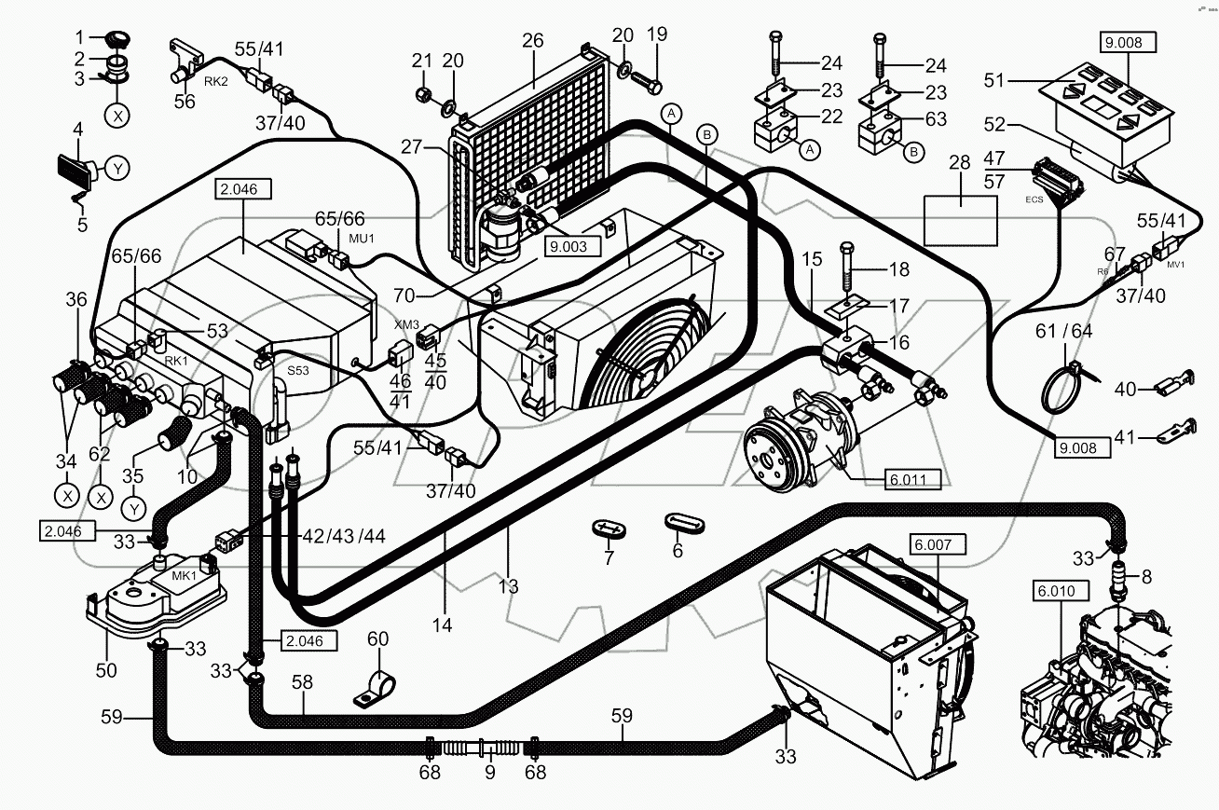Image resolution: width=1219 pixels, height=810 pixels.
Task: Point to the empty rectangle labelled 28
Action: [x=959, y=220]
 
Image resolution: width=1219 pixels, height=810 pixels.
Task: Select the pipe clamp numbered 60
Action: [x=375, y=689]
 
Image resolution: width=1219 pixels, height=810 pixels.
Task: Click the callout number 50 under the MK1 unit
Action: [x=106, y=669]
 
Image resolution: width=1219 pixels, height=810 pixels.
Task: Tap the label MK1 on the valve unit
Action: [x=185, y=575]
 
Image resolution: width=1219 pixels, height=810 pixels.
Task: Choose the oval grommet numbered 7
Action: [x=608, y=529]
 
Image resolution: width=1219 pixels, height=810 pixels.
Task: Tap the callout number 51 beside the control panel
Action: [x=994, y=81]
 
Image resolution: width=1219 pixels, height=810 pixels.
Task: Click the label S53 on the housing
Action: [x=297, y=371]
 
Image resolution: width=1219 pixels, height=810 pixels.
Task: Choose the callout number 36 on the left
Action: [x=76, y=301]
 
